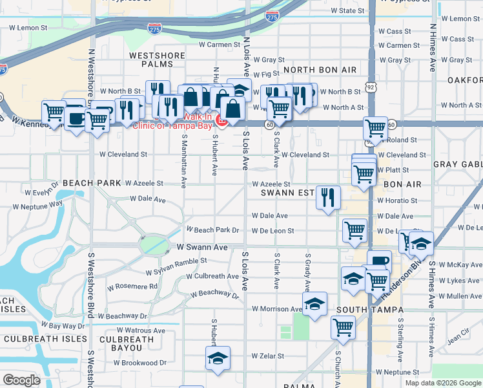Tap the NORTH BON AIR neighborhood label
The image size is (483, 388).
[320, 69]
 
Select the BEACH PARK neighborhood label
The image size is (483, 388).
[92, 184]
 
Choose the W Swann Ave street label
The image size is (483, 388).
[202, 247]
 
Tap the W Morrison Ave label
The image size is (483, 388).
[277, 309]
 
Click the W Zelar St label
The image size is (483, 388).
[267, 356]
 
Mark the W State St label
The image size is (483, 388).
[347, 11]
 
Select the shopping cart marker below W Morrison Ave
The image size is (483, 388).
[344, 327]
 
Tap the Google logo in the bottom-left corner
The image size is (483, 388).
[21, 380]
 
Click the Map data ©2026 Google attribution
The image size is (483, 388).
[442, 383]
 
